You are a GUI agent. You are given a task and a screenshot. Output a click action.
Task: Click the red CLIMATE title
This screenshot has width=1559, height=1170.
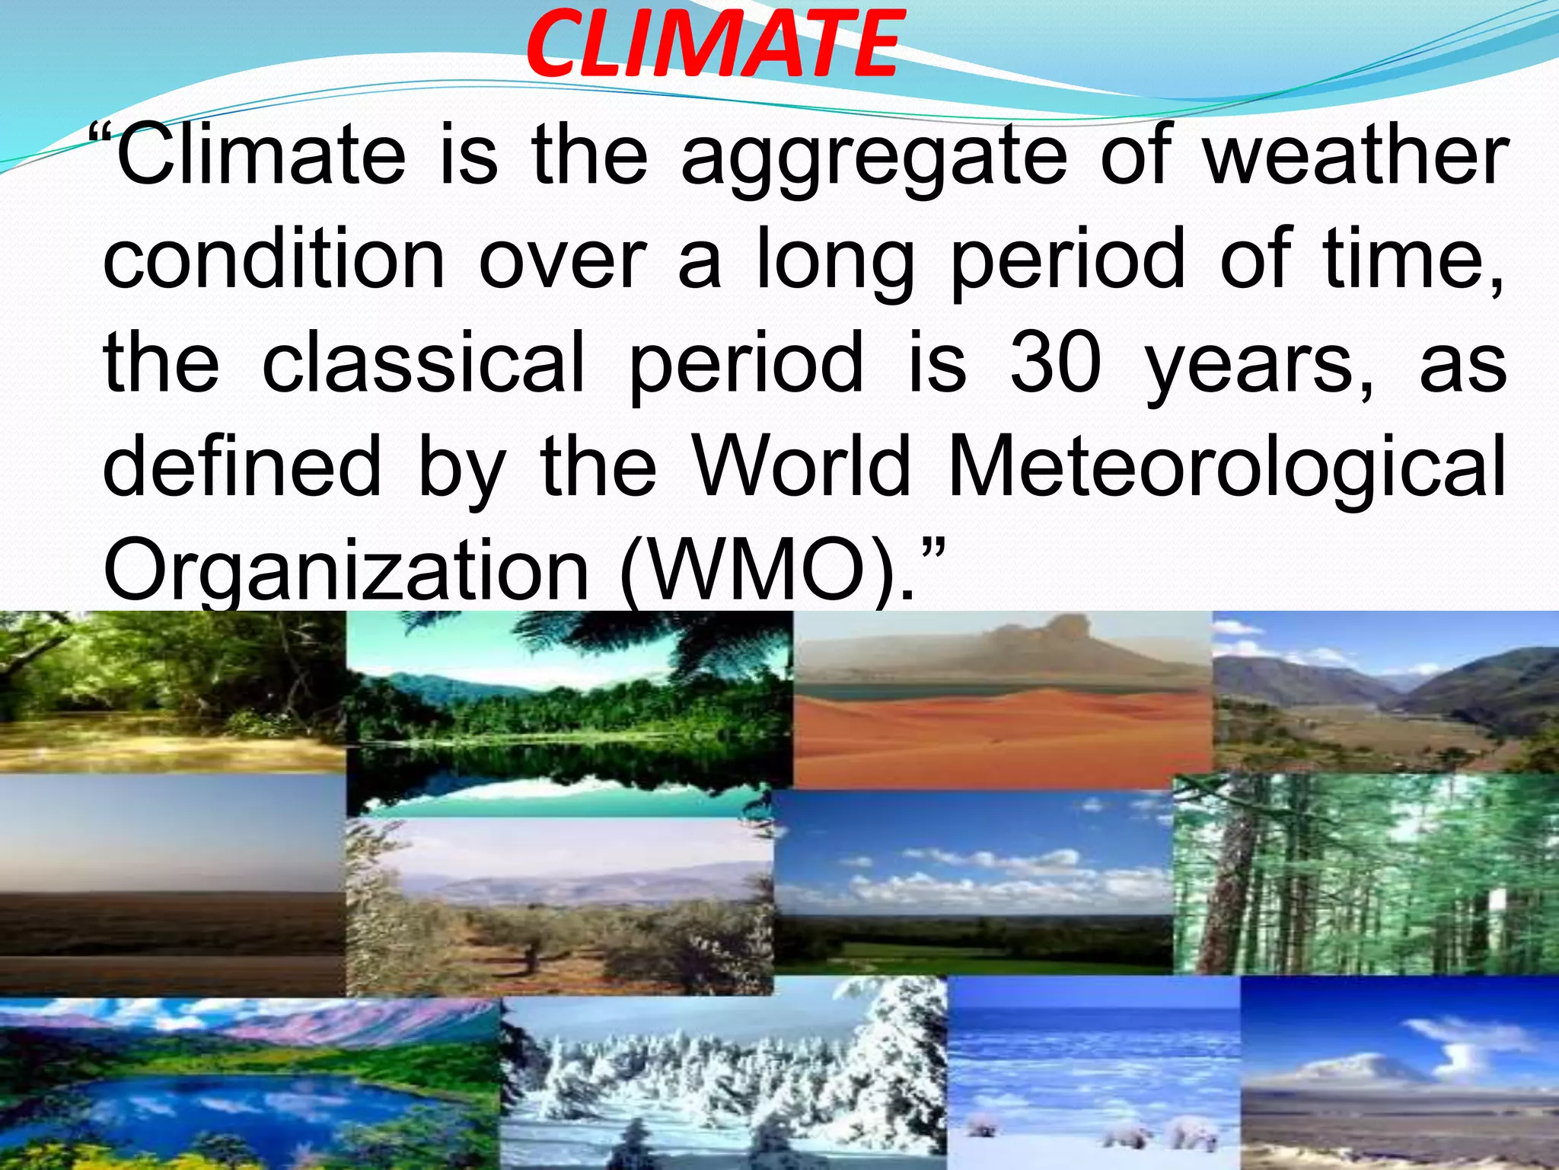click(713, 43)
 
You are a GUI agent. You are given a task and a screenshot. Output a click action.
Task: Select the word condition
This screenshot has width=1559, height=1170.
click(273, 260)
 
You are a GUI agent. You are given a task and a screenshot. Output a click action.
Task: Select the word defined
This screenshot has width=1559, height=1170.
click(242, 465)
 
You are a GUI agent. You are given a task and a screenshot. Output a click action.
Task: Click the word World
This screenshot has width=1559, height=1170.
click(804, 465)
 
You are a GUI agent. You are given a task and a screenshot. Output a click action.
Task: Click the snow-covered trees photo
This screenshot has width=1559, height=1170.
click(723, 1082)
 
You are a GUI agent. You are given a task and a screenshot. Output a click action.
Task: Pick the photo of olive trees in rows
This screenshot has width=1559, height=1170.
click(560, 906)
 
